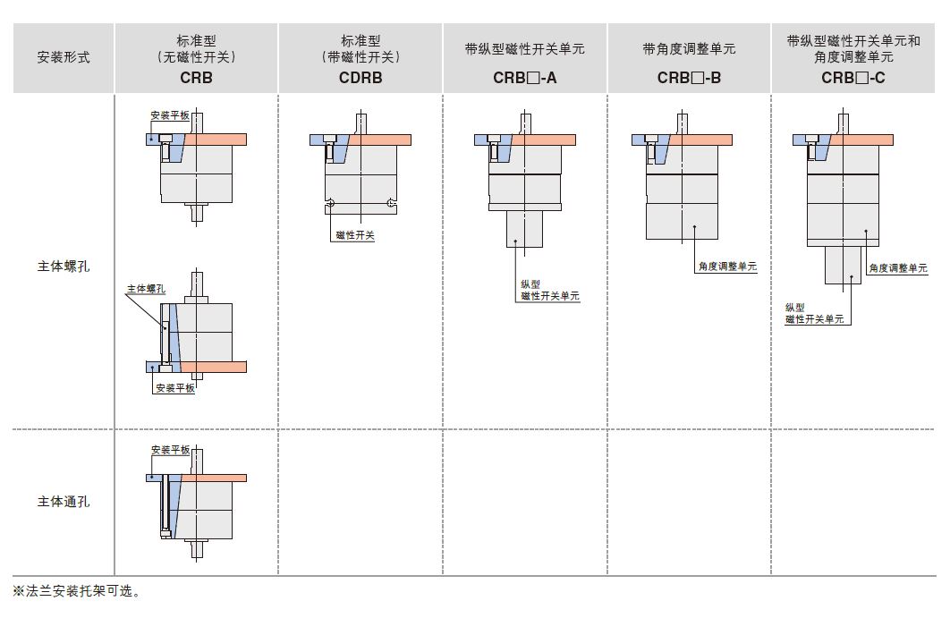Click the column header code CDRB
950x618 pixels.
(x=360, y=78)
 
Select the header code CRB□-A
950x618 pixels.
(x=525, y=78)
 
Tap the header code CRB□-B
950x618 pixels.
(x=689, y=78)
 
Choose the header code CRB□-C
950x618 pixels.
(x=853, y=78)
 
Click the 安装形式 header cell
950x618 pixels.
(x=64, y=57)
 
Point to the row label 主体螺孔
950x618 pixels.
(x=64, y=267)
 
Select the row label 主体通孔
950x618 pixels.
(x=64, y=502)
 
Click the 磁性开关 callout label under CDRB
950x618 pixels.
(x=355, y=235)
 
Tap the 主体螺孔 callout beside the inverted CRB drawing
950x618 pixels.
(x=146, y=288)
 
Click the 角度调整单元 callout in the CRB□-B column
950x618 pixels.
(x=727, y=266)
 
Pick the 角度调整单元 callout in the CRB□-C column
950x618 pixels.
(x=898, y=267)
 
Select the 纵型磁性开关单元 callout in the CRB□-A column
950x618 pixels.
(x=549, y=290)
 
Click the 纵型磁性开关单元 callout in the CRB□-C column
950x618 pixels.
(x=814, y=313)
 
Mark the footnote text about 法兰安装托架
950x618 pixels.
(x=76, y=591)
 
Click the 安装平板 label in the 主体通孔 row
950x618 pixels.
(x=170, y=450)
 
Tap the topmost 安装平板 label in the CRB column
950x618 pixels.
(x=170, y=115)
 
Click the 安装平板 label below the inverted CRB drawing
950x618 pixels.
(x=175, y=388)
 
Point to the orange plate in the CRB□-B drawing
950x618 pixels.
(x=700, y=140)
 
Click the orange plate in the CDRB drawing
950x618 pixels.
(x=379, y=140)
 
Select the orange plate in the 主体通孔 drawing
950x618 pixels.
(x=214, y=478)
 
